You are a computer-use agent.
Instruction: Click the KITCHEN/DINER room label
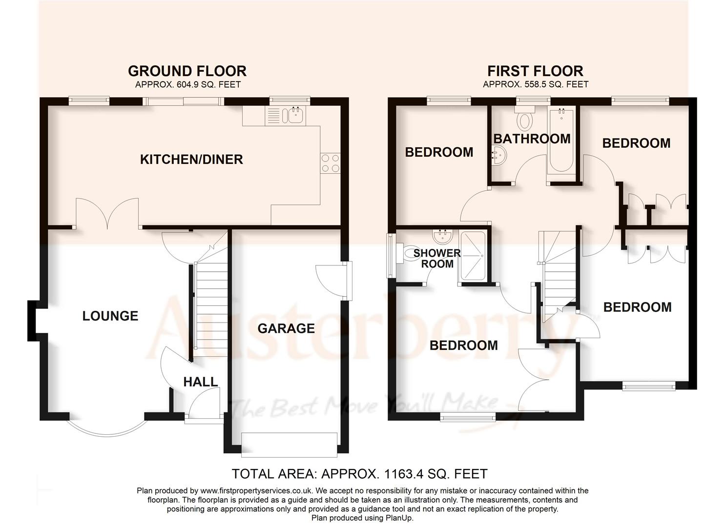pyautogui.click(x=191, y=160)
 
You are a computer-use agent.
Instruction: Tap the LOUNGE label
pyautogui.click(x=110, y=316)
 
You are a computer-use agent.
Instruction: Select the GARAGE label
pyautogui.click(x=286, y=328)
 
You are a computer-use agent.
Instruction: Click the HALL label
pyautogui.click(x=200, y=382)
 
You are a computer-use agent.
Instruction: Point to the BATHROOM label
pyautogui.click(x=532, y=139)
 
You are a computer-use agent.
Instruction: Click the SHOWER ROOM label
pyautogui.click(x=437, y=259)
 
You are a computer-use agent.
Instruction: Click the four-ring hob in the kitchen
pyautogui.click(x=331, y=163)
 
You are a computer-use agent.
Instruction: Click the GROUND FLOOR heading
pyautogui.click(x=187, y=71)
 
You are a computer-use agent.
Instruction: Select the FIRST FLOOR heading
pyautogui.click(x=535, y=71)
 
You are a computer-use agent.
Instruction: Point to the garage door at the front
pyautogui.click(x=290, y=445)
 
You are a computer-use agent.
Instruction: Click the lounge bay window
pyautogui.click(x=106, y=427)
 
